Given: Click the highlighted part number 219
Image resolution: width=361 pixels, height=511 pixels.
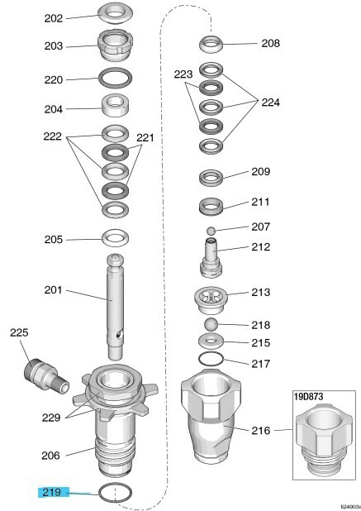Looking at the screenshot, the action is pos(52,492).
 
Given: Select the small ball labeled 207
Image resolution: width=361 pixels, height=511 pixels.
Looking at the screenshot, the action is pos(211,231).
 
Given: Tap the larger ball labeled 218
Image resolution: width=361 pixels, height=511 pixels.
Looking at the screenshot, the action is pos(211,325).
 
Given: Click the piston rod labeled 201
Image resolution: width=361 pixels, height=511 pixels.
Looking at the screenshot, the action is pos(115,306).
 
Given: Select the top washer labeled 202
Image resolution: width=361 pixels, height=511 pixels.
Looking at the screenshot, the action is pos(116,13).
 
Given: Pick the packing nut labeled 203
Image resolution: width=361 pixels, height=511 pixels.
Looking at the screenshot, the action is pos(115,45).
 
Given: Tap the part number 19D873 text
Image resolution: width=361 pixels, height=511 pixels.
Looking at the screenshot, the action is pos(309,397).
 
